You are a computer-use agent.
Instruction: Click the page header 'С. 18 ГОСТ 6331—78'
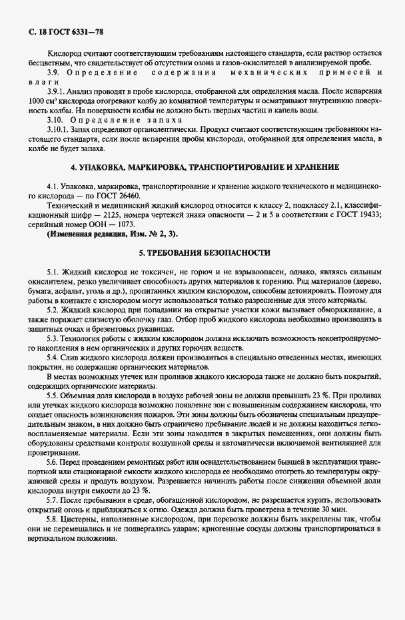[65, 32]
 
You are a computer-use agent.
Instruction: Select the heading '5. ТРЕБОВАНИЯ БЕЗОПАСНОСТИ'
[204, 254]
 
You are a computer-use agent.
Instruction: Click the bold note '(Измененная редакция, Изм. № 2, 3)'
[112, 234]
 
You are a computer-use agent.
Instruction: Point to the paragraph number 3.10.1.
[58, 127]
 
